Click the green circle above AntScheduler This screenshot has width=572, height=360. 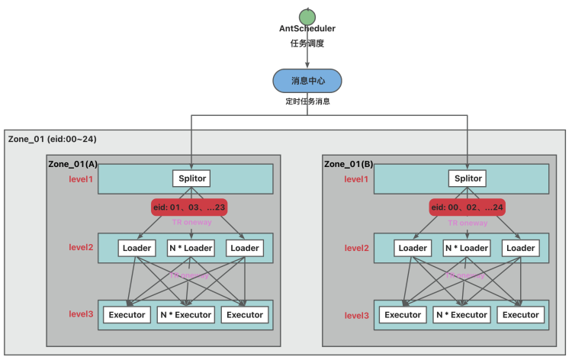[307, 15]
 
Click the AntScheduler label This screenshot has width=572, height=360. [307, 28]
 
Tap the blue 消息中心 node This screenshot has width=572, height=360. [307, 80]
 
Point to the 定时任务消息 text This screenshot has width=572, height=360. [307, 101]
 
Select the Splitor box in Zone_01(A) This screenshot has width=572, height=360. [189, 178]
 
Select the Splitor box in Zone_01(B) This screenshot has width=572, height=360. [467, 178]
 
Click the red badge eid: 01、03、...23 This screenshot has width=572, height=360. [189, 207]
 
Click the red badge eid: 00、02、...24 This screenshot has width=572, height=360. [467, 207]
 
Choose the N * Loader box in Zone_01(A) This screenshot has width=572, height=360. [189, 248]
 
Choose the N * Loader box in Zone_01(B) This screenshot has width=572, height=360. [467, 248]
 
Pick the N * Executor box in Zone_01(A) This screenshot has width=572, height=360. [185, 314]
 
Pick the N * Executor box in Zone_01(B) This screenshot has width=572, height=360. [462, 314]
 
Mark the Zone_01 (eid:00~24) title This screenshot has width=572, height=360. [52, 139]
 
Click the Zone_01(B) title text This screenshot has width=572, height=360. [350, 164]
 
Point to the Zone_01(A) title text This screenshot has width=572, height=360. [73, 164]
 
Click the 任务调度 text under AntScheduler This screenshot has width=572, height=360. [307, 43]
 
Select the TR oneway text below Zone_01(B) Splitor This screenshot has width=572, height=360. [468, 223]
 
